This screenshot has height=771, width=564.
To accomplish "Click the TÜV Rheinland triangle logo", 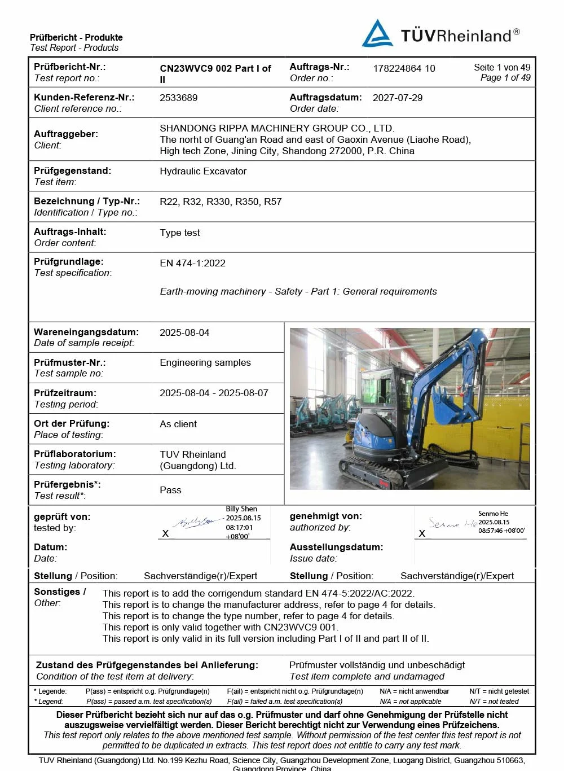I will tap(377, 34).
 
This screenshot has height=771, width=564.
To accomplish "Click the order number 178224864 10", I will tap(404, 68).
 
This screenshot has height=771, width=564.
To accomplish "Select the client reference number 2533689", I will tap(179, 98).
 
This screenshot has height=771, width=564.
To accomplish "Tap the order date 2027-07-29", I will tap(398, 98).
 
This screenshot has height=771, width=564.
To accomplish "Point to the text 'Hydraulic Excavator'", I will tap(203, 171).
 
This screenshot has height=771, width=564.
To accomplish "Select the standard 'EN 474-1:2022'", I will tap(192, 263).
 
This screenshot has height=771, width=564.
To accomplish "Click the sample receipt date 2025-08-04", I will tap(184, 332).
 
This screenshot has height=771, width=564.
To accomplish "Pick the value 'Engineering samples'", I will tap(205, 362).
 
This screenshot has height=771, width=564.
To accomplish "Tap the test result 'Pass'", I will tap(170, 490).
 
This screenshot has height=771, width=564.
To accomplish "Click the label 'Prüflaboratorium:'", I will tap(75, 454).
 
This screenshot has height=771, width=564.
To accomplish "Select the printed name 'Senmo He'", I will tap(493, 514).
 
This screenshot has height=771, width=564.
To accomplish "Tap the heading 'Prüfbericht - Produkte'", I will tap(76, 37).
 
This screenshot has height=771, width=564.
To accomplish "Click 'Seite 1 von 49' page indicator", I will tap(502, 67).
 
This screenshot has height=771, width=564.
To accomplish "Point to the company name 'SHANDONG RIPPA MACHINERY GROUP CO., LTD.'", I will tap(277, 128).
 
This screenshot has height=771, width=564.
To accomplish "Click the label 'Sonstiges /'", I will tap(60, 592).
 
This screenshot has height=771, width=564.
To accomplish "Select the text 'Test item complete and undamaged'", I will tap(367, 676).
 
